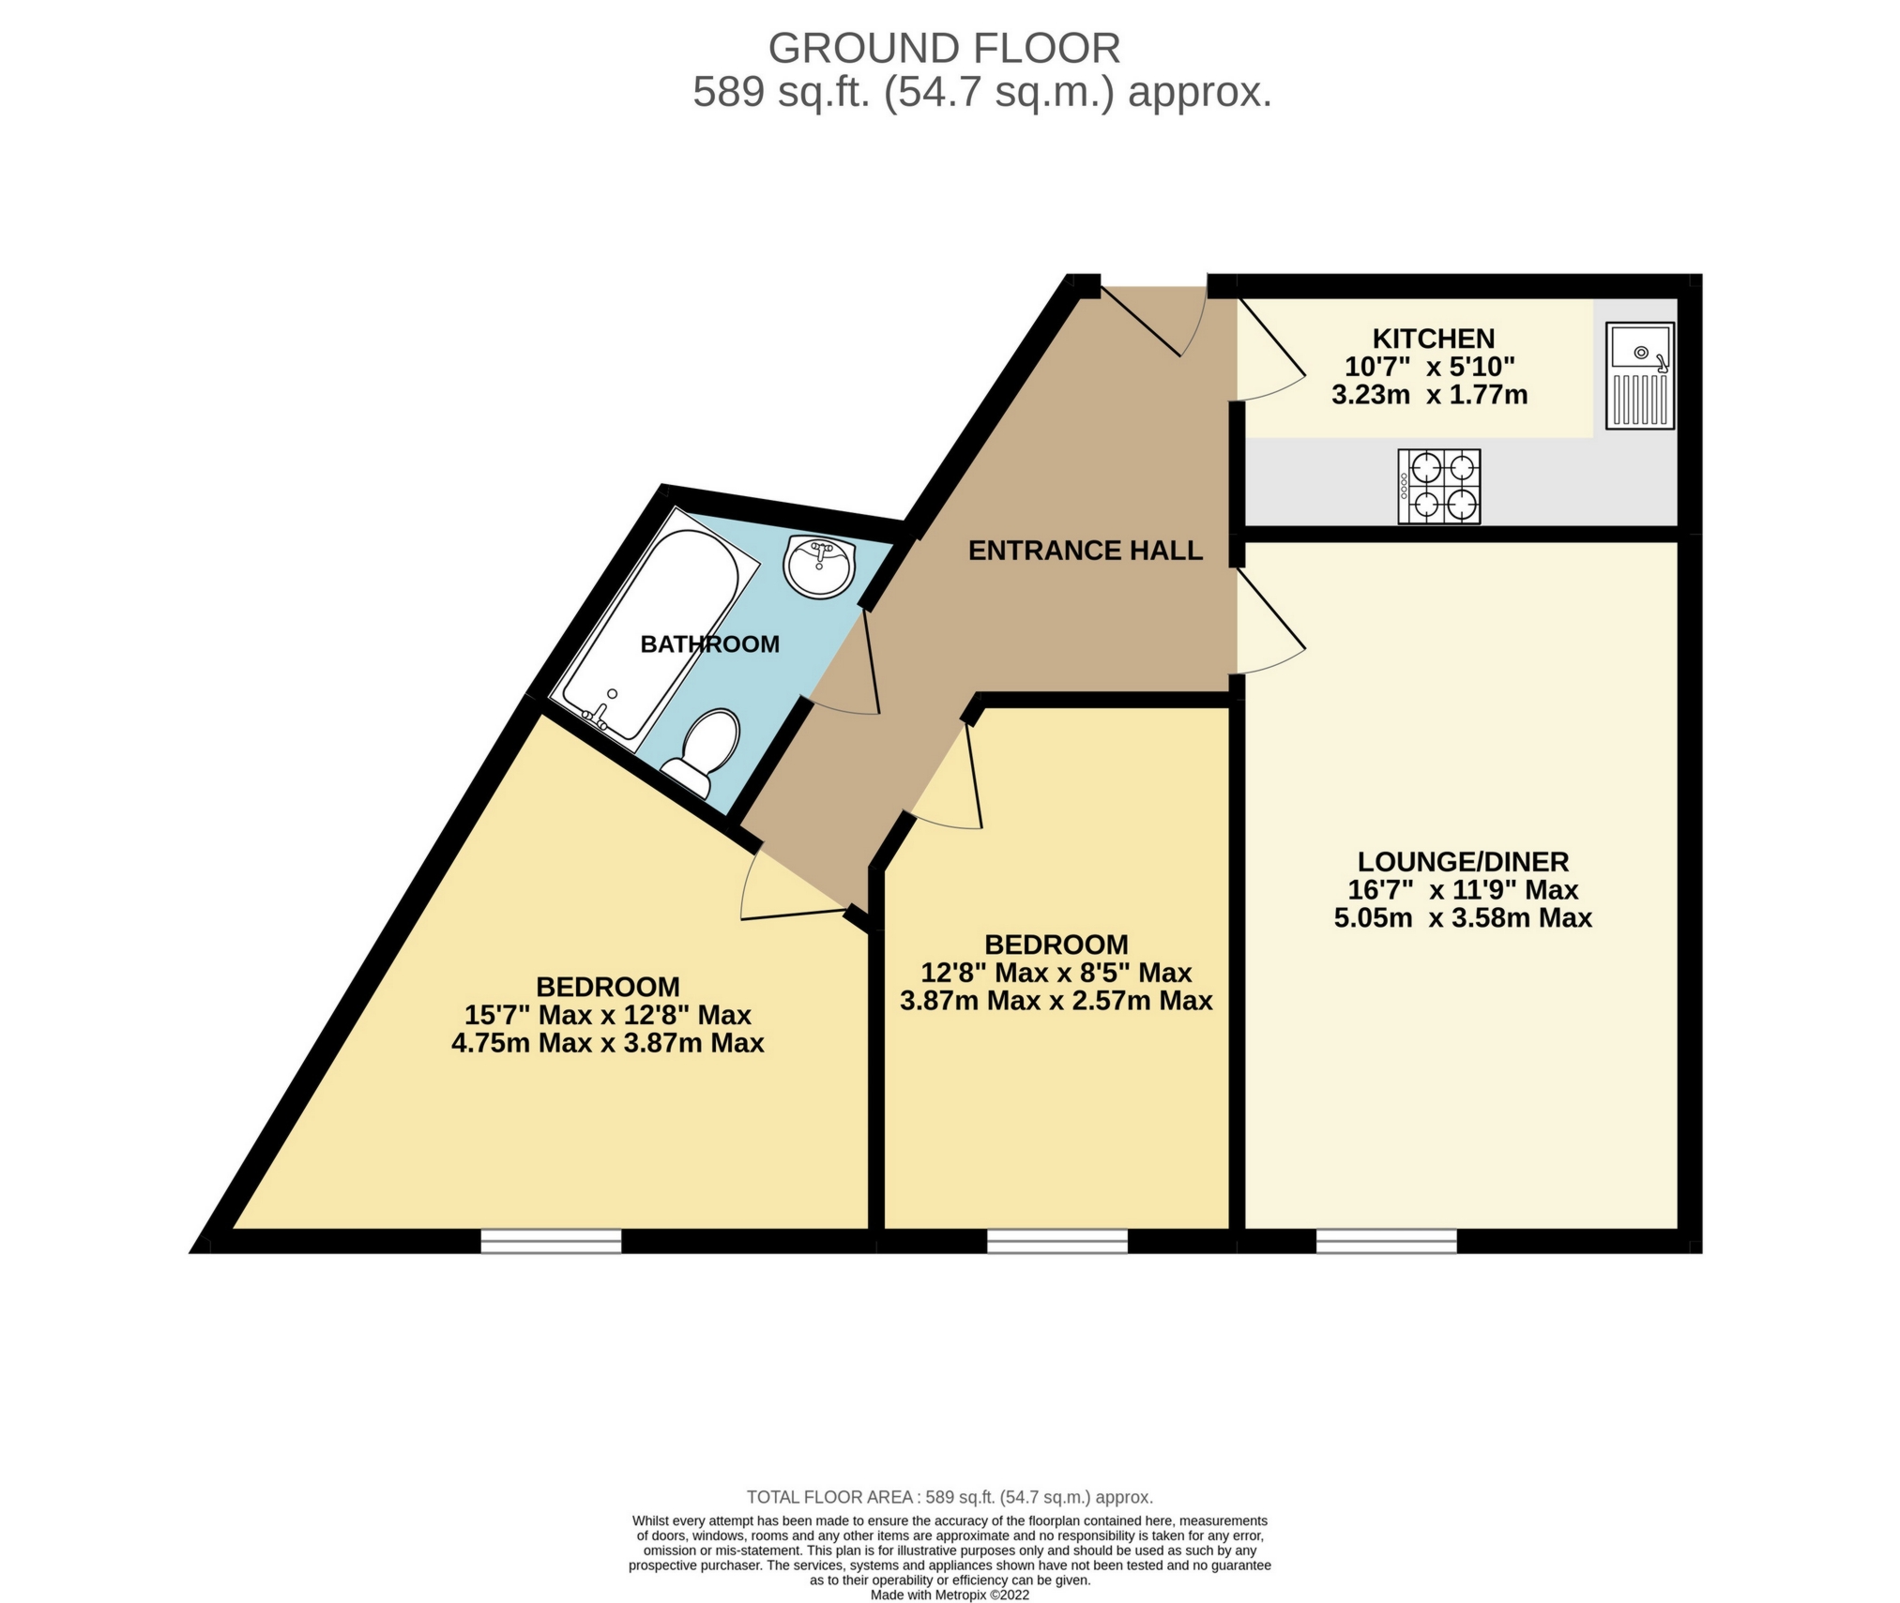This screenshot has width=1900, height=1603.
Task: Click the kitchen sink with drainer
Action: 1638,375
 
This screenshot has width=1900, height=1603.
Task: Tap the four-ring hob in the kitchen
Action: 1438,486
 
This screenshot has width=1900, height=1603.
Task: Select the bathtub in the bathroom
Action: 655,635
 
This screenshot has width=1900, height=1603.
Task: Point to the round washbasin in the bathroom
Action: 819,567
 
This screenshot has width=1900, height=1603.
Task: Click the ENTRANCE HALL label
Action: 1085,551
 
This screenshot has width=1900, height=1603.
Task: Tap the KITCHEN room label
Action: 1433,339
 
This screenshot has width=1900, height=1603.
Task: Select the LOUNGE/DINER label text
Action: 1463,861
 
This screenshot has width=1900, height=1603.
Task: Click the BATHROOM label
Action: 709,644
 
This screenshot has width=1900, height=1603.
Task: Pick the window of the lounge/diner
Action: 1386,1241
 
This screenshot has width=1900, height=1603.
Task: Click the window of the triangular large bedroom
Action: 551,1241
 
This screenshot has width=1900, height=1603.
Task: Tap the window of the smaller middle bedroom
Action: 1056,1241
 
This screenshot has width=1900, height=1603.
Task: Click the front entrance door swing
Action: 1154,324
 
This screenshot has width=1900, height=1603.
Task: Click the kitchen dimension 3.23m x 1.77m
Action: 1429,395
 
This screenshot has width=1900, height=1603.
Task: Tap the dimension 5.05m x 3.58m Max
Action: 1463,917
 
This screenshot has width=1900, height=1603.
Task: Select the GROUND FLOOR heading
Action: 944,48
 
